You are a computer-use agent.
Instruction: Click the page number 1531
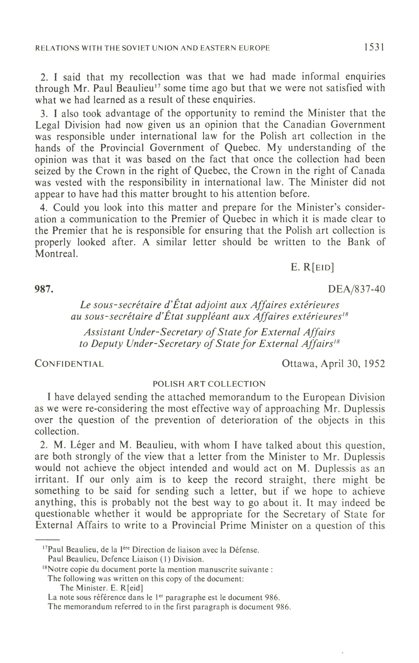point(374,47)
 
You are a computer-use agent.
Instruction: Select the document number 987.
point(44,289)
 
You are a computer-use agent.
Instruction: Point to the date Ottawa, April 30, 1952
point(333,364)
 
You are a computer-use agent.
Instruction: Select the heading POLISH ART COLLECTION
point(209,384)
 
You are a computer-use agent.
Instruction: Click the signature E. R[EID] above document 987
point(312,267)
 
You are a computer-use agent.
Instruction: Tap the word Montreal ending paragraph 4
point(56,254)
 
